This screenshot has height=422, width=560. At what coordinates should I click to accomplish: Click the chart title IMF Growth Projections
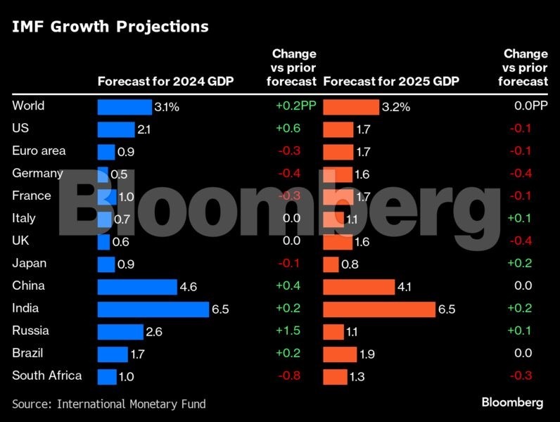point(109,27)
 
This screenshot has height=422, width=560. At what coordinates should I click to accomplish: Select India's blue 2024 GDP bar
point(153,309)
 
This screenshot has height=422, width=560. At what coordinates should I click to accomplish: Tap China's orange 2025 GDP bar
point(359,286)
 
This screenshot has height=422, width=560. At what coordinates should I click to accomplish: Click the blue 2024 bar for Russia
point(120,331)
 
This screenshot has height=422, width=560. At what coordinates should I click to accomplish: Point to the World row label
point(28,106)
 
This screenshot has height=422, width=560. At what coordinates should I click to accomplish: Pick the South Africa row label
point(46,376)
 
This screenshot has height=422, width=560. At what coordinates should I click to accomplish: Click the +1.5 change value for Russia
point(288,331)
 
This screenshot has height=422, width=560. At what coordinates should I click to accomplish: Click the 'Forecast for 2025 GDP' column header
point(391,82)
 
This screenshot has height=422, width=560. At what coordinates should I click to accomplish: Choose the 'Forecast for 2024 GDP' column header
point(165,82)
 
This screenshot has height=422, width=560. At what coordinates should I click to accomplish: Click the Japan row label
point(30,263)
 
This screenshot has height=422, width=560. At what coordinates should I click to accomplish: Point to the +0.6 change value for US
point(288,129)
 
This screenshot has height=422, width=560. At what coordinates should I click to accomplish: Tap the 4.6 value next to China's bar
point(189,287)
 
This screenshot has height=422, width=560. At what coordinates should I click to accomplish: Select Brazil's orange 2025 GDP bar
point(340,354)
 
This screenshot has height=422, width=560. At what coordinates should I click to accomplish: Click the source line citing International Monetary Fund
point(109,404)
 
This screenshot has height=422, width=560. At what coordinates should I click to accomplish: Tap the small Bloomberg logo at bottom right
point(512,402)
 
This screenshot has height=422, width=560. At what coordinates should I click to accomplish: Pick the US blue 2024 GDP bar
point(115,129)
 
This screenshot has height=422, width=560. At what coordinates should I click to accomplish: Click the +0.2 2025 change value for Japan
point(520,264)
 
